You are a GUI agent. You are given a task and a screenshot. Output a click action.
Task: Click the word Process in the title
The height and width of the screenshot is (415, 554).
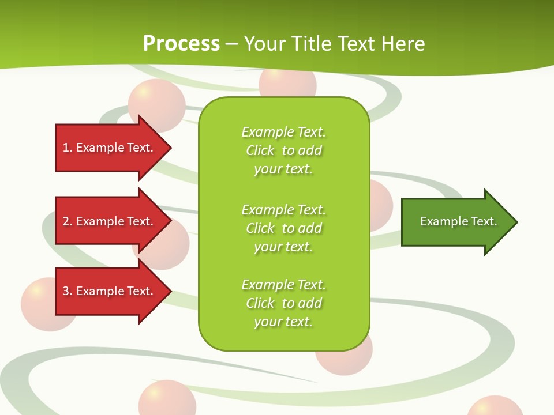pyautogui.click(x=181, y=44)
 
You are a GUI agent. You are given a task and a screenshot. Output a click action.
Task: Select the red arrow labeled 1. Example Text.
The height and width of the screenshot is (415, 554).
pyautogui.click(x=110, y=148)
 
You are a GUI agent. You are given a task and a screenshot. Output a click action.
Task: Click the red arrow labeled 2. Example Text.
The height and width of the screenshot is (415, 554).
pyautogui.click(x=110, y=221)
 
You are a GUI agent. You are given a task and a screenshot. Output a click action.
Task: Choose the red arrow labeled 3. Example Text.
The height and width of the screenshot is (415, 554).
pyautogui.click(x=110, y=291)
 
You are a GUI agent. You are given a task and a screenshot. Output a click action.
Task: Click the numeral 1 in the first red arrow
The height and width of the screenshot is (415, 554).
pyautogui.click(x=66, y=148)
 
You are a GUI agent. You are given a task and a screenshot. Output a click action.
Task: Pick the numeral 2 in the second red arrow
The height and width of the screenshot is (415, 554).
pyautogui.click(x=66, y=221)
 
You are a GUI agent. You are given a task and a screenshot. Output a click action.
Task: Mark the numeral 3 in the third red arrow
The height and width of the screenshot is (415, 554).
pyautogui.click(x=66, y=291)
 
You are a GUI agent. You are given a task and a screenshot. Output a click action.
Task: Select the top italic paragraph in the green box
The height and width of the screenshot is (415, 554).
pyautogui.click(x=283, y=150)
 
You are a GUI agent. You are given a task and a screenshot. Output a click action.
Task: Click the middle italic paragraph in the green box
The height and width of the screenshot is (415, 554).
pyautogui.click(x=283, y=228)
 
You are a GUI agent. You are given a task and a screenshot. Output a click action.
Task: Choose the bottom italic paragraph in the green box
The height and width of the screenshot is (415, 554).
pyautogui.click(x=283, y=303)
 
